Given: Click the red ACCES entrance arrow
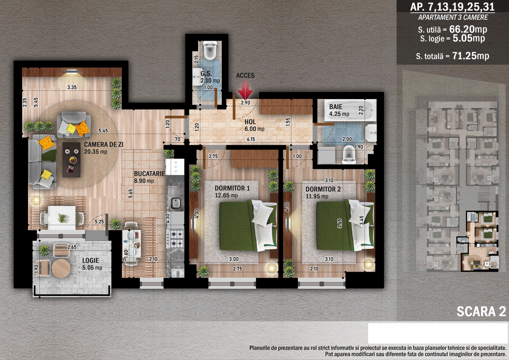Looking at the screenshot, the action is click(245, 90).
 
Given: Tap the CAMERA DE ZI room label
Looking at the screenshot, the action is click(103, 145).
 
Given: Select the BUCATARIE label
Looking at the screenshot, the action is click(149, 174).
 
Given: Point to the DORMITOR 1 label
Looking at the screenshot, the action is click(232, 188).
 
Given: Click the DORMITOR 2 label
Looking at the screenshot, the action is click(323, 189).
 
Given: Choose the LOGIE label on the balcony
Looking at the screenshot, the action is click(91, 261).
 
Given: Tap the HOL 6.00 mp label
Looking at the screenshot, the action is click(254, 125).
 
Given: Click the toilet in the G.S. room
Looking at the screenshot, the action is click(210, 50).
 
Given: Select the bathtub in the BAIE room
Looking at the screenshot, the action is click(350, 110).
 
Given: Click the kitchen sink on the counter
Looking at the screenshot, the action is click(176, 198).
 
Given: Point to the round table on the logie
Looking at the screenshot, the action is click(61, 268).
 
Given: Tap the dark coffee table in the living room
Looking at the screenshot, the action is click(71, 160).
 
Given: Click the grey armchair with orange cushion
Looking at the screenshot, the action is click(74, 125).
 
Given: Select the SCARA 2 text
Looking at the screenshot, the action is click(481, 312).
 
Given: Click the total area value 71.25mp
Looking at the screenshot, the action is click(470, 56).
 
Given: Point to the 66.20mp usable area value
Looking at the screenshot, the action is click(468, 29).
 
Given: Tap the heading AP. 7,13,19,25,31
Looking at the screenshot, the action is click(453, 7).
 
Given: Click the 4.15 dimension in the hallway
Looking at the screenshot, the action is click(251, 139).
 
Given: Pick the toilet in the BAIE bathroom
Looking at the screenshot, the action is click(349, 155).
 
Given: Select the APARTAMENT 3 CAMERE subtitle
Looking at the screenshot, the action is click(453, 17).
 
